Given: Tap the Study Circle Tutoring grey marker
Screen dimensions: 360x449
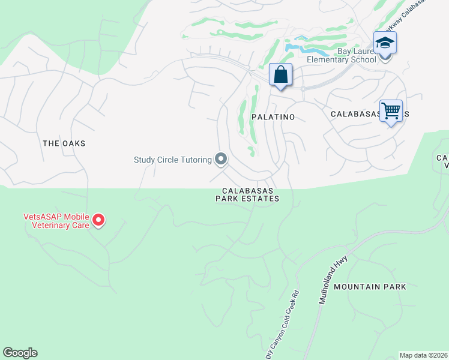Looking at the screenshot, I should pos(221,159).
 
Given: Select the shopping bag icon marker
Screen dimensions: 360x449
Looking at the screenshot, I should pos(280,76).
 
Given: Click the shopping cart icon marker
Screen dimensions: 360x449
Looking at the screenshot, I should pos(391,111).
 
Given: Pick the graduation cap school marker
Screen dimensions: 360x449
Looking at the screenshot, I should pos(384,44).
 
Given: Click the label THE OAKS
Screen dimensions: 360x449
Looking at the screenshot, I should pos(64,143).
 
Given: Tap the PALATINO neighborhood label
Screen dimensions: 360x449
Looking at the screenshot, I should pos(273,117).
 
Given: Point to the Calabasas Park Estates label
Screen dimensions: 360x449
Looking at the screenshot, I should pos(247,194).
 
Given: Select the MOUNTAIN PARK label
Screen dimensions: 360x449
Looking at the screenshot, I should pos(370,287).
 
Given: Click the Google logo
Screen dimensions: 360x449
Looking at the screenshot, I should pos(20,353).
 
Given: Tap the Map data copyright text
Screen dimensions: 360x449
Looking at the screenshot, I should pos(423,355).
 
